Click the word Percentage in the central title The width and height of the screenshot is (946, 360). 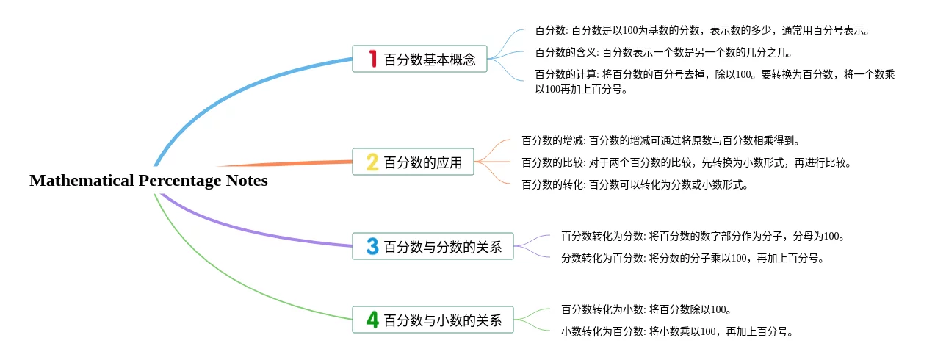180,181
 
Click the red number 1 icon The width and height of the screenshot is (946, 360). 372,59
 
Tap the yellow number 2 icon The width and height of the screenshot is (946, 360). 372,162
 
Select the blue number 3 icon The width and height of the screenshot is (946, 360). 372,246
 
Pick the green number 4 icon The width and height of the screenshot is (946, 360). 372,320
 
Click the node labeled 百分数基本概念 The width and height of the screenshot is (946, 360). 420,59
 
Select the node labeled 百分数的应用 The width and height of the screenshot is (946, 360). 413,162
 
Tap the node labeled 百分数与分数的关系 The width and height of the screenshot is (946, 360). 433,246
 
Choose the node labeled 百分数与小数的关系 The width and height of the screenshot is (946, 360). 433,320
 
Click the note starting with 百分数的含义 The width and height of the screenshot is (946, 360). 663,52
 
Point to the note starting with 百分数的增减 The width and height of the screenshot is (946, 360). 661,140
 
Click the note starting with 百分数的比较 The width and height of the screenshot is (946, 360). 687,162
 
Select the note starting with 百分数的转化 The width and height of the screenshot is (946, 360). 635,184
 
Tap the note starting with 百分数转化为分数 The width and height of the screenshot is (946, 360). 703,236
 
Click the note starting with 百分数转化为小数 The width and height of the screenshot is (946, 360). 646,309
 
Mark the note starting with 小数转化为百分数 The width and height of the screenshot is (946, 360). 677,331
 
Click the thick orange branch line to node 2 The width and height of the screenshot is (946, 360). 284,164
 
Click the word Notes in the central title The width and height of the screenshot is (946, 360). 247,181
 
